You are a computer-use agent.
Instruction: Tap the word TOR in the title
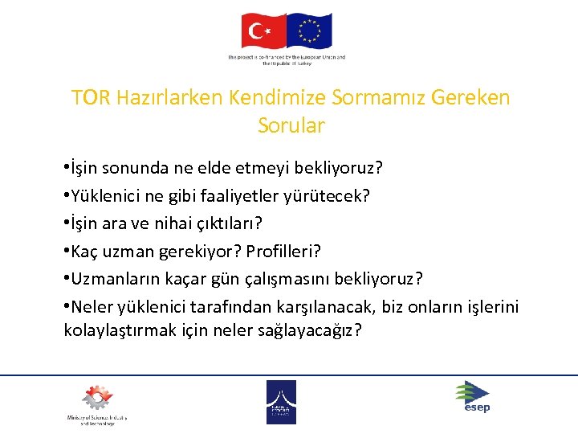tap(90, 98)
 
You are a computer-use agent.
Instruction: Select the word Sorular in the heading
tap(291, 126)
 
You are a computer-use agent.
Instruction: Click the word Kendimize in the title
tap(275, 98)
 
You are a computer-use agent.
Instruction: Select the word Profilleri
tap(283, 252)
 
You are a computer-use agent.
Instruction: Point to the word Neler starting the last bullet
tap(92, 306)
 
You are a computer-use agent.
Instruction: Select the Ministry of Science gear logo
tap(96, 399)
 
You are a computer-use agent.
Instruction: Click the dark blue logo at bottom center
tap(281, 401)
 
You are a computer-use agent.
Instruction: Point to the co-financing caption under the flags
tap(287, 60)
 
